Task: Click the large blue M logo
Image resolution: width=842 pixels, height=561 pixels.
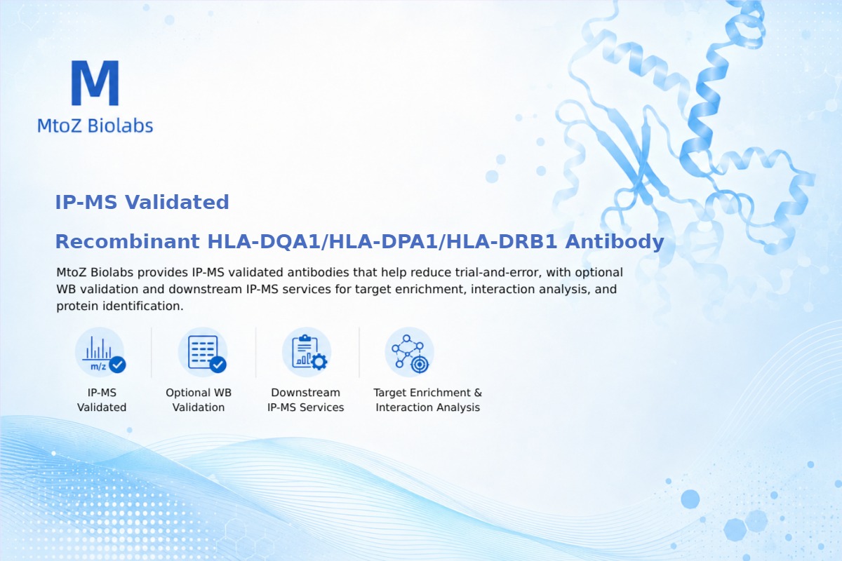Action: pyautogui.click(x=95, y=83)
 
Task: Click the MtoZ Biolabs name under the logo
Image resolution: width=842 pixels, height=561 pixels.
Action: pyautogui.click(x=95, y=126)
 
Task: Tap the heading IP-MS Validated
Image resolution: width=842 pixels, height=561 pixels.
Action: pyautogui.click(x=142, y=202)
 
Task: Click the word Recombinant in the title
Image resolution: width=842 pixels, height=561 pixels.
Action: pyautogui.click(x=128, y=241)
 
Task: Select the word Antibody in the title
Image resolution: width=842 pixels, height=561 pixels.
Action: pyautogui.click(x=615, y=241)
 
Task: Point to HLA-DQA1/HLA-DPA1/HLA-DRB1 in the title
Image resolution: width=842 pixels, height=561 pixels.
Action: pyautogui.click(x=382, y=241)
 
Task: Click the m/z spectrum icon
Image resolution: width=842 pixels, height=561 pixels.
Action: pyautogui.click(x=100, y=353)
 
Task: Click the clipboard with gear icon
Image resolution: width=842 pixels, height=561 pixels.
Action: pyautogui.click(x=307, y=353)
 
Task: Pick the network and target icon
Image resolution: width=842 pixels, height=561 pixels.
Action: pyautogui.click(x=410, y=353)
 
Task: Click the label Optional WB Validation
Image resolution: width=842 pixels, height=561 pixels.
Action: pyautogui.click(x=199, y=400)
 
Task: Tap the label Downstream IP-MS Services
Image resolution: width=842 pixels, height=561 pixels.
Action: pyautogui.click(x=306, y=400)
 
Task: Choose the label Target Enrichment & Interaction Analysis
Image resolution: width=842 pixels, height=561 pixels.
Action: pyautogui.click(x=428, y=400)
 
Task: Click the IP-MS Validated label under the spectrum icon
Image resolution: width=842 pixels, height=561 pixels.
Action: pyautogui.click(x=102, y=400)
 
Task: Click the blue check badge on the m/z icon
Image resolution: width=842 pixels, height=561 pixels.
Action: pyautogui.click(x=117, y=365)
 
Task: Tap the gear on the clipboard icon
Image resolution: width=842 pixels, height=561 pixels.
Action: pyautogui.click(x=319, y=362)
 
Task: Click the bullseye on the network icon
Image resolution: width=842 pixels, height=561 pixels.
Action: pyautogui.click(x=420, y=365)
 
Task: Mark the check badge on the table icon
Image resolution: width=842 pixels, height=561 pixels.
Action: pyautogui.click(x=218, y=365)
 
